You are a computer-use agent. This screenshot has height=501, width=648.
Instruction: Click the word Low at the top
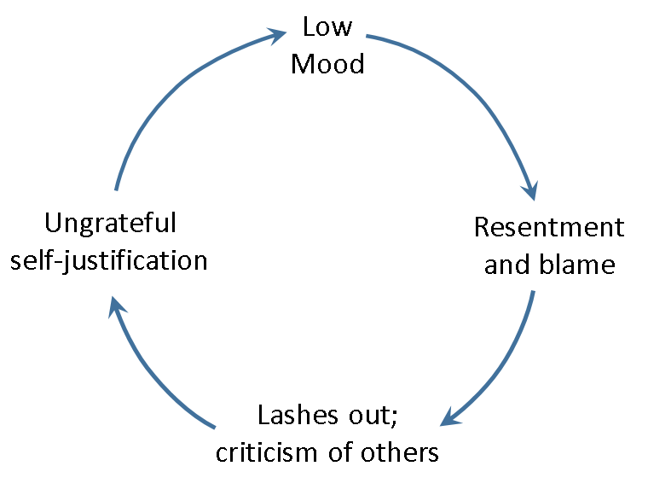(x=327, y=26)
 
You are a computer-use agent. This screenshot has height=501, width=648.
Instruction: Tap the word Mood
(x=327, y=64)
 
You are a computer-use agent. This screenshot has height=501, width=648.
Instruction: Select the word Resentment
(x=549, y=227)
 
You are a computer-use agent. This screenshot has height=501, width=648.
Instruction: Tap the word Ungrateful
(x=110, y=223)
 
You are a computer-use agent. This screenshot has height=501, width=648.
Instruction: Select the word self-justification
(x=109, y=259)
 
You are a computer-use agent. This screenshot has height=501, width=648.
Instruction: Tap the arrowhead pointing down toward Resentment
(x=530, y=188)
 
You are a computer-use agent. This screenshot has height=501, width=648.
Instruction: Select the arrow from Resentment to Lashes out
(x=508, y=362)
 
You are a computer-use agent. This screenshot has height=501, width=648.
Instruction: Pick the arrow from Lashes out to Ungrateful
(x=153, y=376)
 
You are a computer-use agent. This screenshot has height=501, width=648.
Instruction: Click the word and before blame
(x=506, y=265)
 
